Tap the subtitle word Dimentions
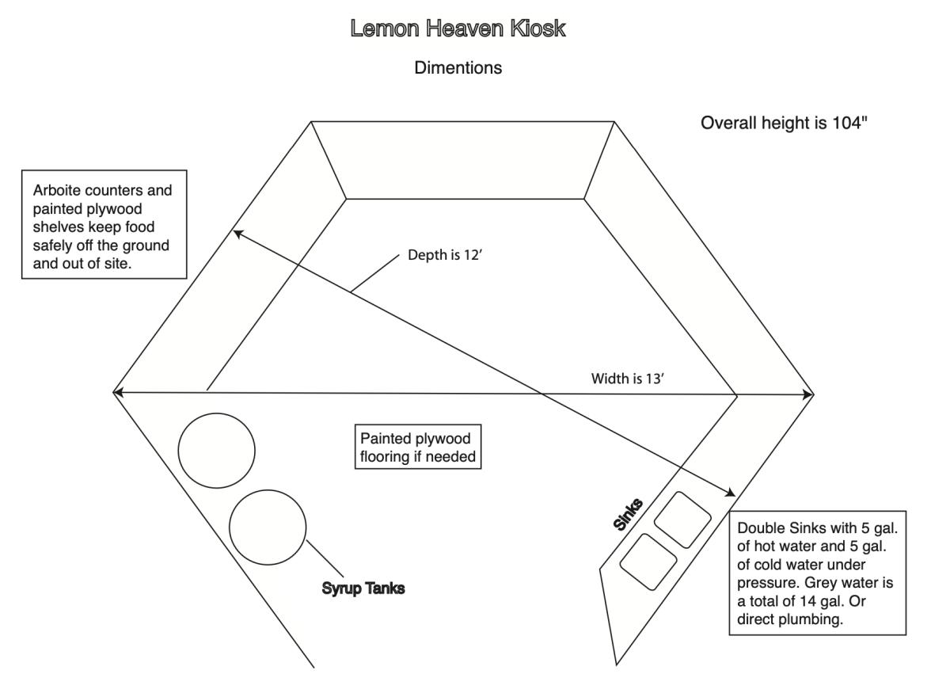458,69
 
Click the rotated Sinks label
629,513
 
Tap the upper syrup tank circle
216,450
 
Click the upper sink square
682,519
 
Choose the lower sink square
648,562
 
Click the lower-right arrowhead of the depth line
732,494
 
